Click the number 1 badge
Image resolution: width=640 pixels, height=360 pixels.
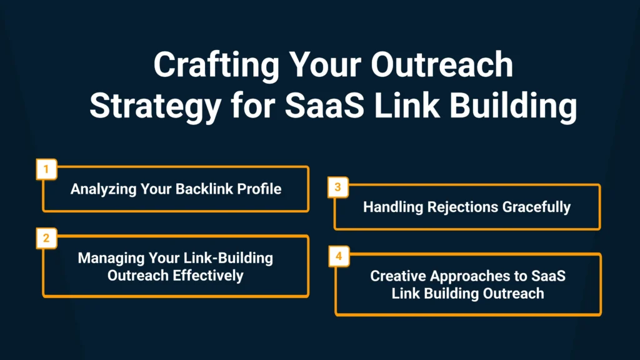pyautogui.click(x=46, y=169)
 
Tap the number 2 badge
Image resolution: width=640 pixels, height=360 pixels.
pyautogui.click(x=46, y=238)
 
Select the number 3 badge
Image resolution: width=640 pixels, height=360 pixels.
pyautogui.click(x=338, y=187)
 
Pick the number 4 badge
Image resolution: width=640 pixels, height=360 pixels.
pyautogui.click(x=339, y=256)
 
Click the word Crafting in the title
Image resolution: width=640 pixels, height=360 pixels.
pyautogui.click(x=216, y=65)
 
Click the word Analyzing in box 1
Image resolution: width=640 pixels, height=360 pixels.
pyautogui.click(x=103, y=189)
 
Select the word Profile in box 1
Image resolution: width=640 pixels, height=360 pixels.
pyautogui.click(x=259, y=189)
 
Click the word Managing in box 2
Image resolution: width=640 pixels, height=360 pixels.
pyautogui.click(x=111, y=258)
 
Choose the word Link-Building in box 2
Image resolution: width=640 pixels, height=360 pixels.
pyautogui.click(x=229, y=258)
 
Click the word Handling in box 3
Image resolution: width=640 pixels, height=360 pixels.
pyautogui.click(x=393, y=207)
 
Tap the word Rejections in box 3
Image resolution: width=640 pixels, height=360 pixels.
pyautogui.click(x=463, y=207)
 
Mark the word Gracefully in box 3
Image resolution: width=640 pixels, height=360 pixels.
pyautogui.click(x=536, y=207)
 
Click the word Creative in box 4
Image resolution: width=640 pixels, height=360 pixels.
pyautogui.click(x=398, y=276)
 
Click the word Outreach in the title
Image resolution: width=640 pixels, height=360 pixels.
pyautogui.click(x=442, y=65)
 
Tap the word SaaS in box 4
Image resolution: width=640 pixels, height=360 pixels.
pyautogui.click(x=548, y=276)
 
